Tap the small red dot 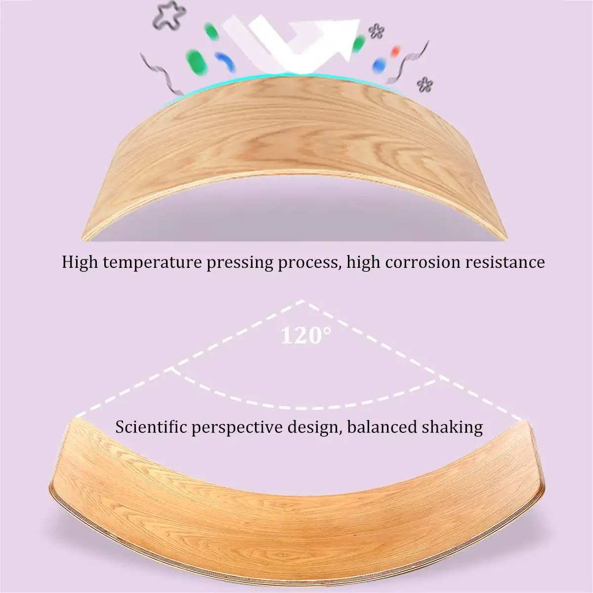click(x=394, y=50)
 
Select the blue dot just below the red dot click(x=379, y=64)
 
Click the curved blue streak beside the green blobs click(x=225, y=61)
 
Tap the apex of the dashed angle click(x=302, y=301)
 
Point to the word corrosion click(x=422, y=262)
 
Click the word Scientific click(x=151, y=426)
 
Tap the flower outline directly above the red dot click(x=377, y=31)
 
